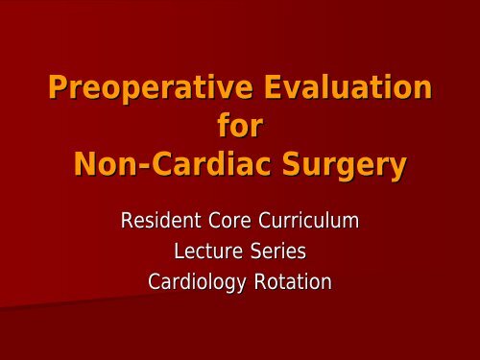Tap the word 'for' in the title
pos(240,128)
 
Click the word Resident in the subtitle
pos(158,222)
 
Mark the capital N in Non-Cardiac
pos(85,164)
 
